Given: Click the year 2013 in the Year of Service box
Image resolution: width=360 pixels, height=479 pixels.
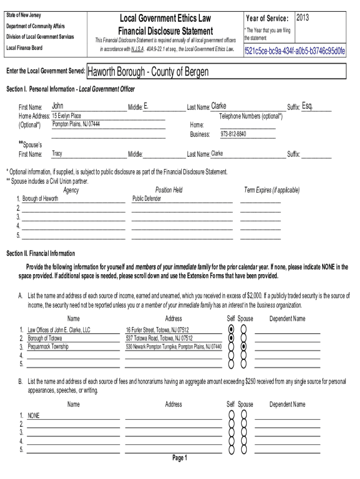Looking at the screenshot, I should click(302, 18).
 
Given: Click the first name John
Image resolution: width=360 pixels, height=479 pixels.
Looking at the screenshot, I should click(58, 106).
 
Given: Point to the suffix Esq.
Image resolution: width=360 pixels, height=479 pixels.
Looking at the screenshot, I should click(308, 106).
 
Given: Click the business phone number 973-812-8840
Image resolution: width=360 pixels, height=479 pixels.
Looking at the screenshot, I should click(233, 134).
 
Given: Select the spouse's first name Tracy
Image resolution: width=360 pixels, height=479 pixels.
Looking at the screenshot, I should click(57, 153).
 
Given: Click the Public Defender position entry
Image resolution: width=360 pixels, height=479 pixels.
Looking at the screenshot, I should click(147, 199).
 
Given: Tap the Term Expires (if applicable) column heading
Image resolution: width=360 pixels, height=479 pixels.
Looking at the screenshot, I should click(272, 190).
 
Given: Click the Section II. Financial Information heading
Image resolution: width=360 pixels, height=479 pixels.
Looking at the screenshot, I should click(41, 254).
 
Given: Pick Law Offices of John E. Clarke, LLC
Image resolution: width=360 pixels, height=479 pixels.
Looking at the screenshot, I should click(59, 330).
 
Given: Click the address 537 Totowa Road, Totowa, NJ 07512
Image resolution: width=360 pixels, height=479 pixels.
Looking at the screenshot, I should click(159, 338).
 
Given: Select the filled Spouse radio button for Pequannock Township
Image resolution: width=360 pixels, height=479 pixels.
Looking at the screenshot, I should click(244, 347).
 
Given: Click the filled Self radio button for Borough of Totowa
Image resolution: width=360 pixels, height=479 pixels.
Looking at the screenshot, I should click(230, 338).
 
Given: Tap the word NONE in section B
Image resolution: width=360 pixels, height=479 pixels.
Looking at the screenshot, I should click(34, 415).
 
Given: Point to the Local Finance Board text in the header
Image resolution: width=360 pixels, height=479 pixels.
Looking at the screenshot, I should click(24, 48).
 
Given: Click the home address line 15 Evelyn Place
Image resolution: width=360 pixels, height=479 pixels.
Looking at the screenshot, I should click(67, 116).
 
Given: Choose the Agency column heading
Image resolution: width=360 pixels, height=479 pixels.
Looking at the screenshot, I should click(71, 190).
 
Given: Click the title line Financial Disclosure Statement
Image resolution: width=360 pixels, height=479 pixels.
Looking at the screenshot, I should click(166, 31).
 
